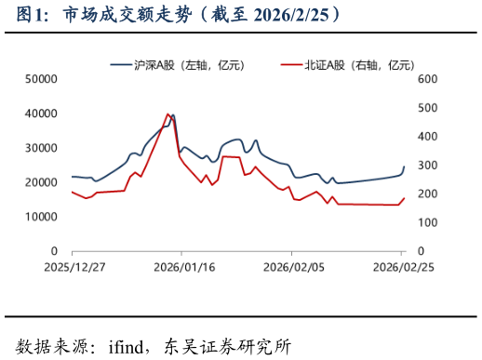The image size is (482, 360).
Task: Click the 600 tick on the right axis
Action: [x=427, y=79]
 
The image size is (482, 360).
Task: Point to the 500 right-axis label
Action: [x=427, y=108]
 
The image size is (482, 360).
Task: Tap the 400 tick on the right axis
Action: [x=427, y=137]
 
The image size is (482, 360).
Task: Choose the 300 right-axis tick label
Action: [x=427, y=166]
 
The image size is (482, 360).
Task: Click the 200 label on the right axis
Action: [x=427, y=193]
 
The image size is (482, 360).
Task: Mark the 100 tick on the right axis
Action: [x=427, y=222]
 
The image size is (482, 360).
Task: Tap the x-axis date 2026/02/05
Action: [x=292, y=266]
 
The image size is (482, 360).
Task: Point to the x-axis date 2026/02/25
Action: [x=402, y=266]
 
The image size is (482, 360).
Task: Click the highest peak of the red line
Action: [x=167, y=114]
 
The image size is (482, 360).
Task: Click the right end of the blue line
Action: [x=404, y=167]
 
